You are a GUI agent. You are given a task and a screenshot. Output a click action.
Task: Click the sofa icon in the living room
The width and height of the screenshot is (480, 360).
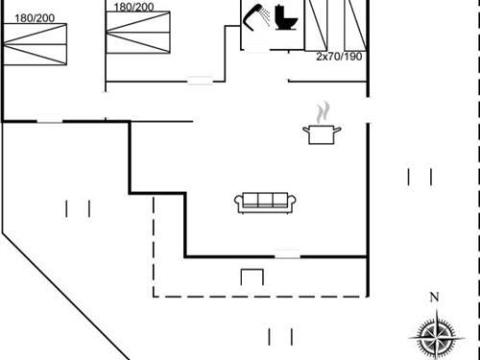pyautogui.click(x=264, y=202)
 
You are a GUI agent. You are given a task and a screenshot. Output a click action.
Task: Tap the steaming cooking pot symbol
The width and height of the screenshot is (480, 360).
pyautogui.click(x=319, y=132)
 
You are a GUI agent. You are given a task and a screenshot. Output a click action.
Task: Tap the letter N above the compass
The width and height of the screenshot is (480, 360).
pyautogui.click(x=434, y=297)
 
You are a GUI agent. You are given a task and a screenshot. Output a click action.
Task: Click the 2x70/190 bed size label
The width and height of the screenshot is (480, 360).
pyautogui.click(x=340, y=56)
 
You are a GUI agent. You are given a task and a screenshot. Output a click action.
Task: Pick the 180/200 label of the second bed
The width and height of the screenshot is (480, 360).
pyautogui.click(x=133, y=7)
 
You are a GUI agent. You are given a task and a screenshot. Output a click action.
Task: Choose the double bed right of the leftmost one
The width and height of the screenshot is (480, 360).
pyautogui.click(x=142, y=43)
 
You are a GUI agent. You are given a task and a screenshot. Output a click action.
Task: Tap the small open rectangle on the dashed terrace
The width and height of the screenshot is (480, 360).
pyautogui.click(x=252, y=277)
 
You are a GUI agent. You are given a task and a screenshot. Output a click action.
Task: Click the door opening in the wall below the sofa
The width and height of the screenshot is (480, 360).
pyautogui.click(x=287, y=255)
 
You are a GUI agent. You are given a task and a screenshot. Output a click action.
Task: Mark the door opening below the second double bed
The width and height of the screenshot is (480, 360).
pyautogui.click(x=200, y=80)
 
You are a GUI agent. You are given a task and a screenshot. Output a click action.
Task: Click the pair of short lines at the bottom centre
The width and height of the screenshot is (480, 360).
pyautogui.click(x=280, y=336)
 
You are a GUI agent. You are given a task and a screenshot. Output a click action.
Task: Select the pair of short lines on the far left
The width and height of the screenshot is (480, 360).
pyautogui.click(x=78, y=207)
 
